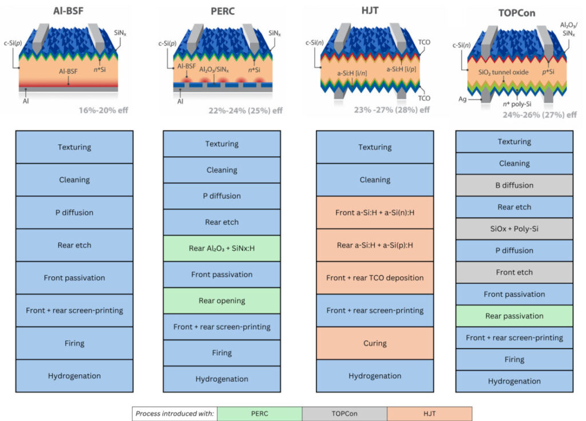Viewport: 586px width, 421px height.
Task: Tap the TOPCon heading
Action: (x=514, y=13)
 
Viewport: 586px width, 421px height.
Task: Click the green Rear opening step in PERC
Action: (x=221, y=301)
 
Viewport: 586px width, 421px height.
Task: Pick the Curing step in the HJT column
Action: (x=375, y=343)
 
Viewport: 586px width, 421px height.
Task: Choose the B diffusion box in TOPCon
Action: (x=514, y=185)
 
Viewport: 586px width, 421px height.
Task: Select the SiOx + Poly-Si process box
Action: (x=514, y=229)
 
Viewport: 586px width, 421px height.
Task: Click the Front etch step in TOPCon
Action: (x=514, y=272)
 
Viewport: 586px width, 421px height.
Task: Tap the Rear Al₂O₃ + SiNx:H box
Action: (x=221, y=248)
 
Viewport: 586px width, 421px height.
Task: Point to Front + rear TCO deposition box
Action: (x=375, y=278)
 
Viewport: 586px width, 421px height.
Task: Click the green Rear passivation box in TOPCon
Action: (x=514, y=316)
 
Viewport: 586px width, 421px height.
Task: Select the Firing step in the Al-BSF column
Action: (x=74, y=343)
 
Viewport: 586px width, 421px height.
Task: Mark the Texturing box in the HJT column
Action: (x=375, y=147)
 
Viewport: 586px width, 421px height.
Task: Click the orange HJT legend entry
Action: (x=429, y=414)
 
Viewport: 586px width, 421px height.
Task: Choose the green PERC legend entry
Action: (x=259, y=414)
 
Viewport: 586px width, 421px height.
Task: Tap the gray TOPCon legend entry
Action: (x=345, y=414)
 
